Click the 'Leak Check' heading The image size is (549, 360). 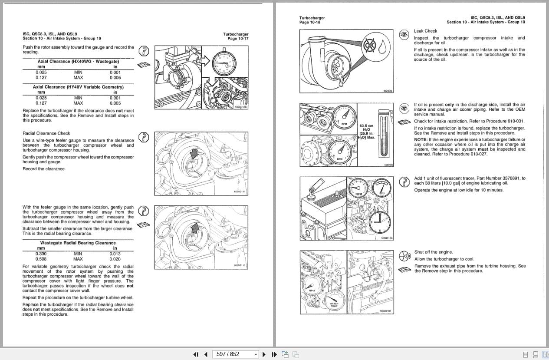425,31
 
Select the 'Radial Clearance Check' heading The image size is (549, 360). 46,133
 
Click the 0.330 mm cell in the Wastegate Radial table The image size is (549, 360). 41,254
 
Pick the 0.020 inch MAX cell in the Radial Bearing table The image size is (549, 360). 115,259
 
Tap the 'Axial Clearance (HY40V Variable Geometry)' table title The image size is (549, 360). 78,87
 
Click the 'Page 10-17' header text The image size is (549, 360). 238,39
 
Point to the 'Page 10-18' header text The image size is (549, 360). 310,22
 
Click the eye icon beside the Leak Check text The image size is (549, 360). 404,34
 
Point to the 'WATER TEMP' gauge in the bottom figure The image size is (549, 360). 334,300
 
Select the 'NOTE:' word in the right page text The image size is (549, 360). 421,140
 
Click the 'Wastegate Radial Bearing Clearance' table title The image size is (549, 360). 78,243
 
